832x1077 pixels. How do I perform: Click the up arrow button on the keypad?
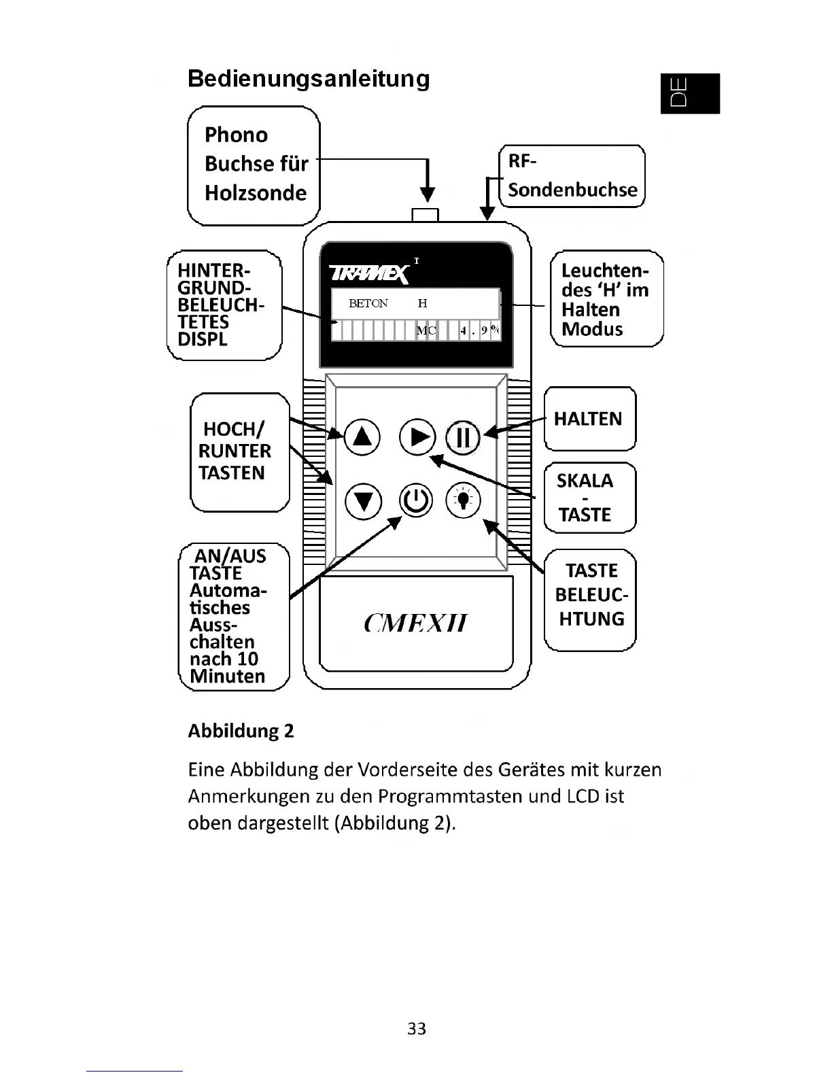(x=362, y=437)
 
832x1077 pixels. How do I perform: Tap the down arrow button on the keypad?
(x=363, y=501)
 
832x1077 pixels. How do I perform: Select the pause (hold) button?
(x=462, y=437)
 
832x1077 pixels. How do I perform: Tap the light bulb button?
(x=463, y=500)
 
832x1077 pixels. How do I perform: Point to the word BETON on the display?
(x=368, y=304)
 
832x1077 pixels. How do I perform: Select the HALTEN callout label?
(x=588, y=419)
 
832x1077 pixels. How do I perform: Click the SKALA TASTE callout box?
(x=589, y=497)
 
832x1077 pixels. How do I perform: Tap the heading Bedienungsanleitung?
(x=309, y=79)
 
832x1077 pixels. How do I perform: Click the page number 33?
(x=416, y=1029)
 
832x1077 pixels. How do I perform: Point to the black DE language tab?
(x=689, y=93)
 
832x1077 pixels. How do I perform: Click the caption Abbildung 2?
(x=241, y=731)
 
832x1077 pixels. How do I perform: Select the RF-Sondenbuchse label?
(x=572, y=176)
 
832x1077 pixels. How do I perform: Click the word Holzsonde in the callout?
(x=256, y=193)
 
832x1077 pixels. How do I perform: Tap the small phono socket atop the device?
(x=426, y=215)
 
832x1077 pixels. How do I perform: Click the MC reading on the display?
(x=426, y=331)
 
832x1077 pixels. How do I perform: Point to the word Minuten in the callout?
(x=227, y=676)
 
